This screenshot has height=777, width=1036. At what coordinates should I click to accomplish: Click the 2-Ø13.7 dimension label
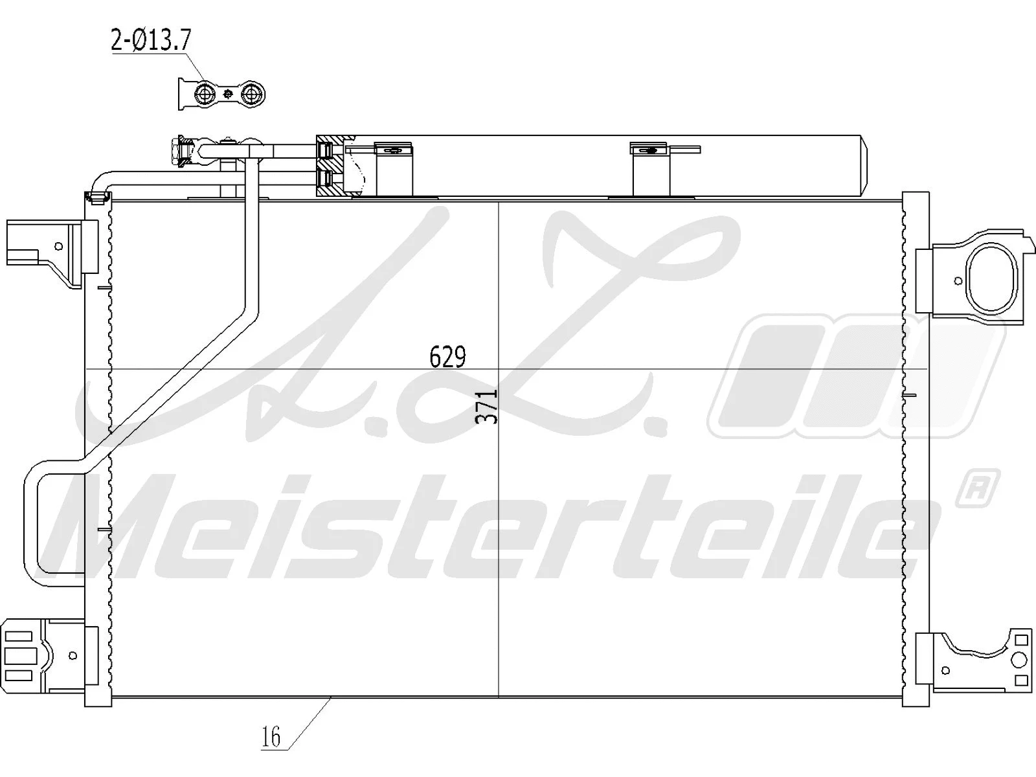(x=151, y=41)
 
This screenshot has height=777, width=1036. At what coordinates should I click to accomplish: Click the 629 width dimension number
(x=447, y=357)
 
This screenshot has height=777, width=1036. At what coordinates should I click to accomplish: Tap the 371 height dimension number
(x=488, y=406)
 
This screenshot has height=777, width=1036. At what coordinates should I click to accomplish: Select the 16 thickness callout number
(x=271, y=737)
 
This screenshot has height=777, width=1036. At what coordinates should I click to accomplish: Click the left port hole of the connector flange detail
(x=206, y=94)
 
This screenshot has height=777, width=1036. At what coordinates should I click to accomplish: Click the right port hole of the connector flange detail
(x=251, y=95)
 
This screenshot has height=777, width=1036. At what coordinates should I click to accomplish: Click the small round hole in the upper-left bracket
(x=59, y=246)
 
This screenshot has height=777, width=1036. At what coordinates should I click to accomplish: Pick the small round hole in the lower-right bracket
(x=947, y=670)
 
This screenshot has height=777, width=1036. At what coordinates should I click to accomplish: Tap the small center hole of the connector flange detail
(x=228, y=95)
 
